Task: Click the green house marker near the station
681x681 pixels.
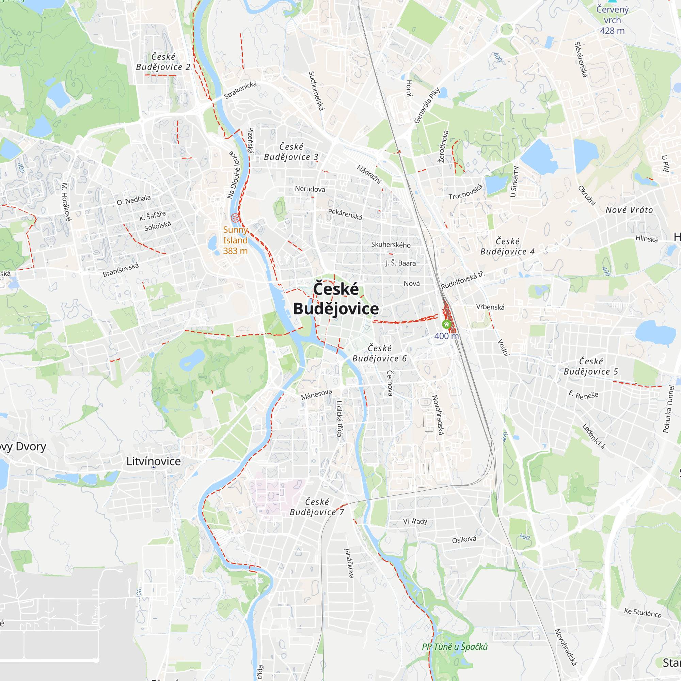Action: (447, 324)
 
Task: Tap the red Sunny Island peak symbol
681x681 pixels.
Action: (235, 218)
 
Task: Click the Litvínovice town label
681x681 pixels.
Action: (153, 461)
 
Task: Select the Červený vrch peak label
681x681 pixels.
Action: (612, 20)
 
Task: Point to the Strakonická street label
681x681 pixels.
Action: (240, 90)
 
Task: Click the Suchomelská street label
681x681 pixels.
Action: (316, 91)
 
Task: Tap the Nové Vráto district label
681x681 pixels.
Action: (629, 210)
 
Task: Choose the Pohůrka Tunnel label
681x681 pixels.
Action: (668, 409)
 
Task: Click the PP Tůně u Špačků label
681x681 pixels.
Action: (455, 647)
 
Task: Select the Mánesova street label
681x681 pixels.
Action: (316, 394)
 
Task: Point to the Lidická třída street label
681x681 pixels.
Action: (339, 418)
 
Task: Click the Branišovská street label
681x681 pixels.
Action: (121, 270)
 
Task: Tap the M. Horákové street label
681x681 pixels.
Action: (66, 202)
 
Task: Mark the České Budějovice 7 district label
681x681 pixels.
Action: (317, 507)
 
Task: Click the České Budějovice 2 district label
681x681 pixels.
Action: (163, 62)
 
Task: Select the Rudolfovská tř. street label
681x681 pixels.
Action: (463, 280)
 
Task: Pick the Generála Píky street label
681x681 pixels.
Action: (427, 106)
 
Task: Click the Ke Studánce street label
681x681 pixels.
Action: (643, 613)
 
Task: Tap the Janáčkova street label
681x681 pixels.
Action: (349, 563)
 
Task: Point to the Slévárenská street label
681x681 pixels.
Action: (581, 59)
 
